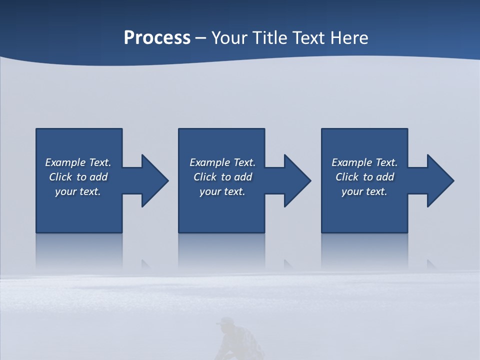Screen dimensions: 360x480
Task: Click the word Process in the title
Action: [x=157, y=38]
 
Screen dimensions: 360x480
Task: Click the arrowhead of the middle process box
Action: [x=297, y=180]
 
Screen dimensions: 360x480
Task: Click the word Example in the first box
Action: [x=65, y=162]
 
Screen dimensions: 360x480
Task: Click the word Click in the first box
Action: [x=60, y=177]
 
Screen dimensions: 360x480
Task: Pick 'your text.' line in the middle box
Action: [x=222, y=191]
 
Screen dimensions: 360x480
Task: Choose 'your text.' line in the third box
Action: [x=364, y=191]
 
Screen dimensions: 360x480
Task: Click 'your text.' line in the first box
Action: [x=78, y=191]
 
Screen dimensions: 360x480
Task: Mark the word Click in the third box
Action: [x=347, y=177]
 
